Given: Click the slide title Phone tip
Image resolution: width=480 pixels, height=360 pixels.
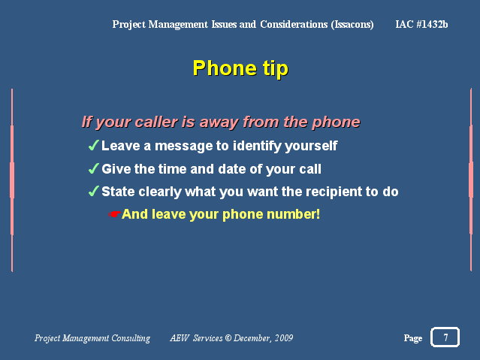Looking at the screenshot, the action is (x=240, y=68).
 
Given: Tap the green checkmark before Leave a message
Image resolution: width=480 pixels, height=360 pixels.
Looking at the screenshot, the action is (x=94, y=145).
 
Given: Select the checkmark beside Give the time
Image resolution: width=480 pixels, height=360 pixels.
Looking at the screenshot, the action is (x=94, y=168).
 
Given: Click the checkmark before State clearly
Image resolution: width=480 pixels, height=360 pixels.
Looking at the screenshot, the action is (x=94, y=191).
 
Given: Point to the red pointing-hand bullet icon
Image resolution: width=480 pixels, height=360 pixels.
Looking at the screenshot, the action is (x=115, y=214).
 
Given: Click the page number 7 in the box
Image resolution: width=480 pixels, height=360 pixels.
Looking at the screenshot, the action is (x=445, y=337).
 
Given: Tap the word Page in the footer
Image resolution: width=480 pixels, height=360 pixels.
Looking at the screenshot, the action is (x=413, y=338).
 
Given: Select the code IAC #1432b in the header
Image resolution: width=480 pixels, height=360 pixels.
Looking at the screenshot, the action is (x=421, y=24).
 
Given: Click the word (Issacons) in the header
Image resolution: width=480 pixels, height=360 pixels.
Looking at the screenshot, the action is (x=352, y=25).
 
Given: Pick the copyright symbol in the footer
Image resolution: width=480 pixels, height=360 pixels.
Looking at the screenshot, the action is (x=228, y=337).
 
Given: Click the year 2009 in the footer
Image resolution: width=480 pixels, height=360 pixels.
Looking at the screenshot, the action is (x=284, y=337).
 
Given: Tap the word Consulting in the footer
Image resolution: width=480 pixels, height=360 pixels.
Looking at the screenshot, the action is (x=131, y=338).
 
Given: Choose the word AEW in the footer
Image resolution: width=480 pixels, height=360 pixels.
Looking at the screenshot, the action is (x=180, y=337).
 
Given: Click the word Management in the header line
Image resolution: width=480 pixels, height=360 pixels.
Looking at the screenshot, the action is (x=178, y=25).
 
